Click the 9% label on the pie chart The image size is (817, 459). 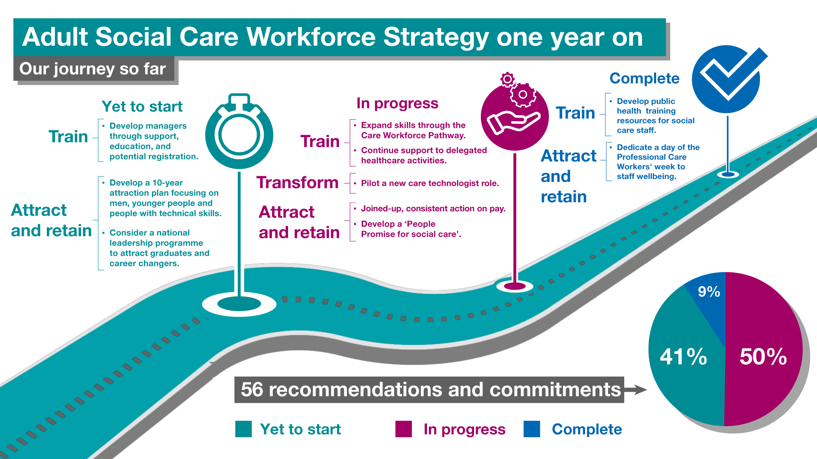(709, 292)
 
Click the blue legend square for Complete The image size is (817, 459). (532, 429)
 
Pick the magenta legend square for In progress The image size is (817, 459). (403, 429)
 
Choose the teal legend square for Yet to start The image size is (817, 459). (243, 429)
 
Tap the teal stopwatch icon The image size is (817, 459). (239, 132)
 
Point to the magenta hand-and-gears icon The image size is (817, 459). (515, 113)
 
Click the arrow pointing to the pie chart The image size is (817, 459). (635, 389)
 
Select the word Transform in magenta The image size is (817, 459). (297, 182)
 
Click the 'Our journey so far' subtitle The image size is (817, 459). (93, 69)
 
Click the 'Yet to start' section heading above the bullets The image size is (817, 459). (142, 106)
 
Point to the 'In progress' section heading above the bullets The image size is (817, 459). (397, 103)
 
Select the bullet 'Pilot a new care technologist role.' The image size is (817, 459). (430, 183)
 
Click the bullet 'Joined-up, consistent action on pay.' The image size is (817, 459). (433, 208)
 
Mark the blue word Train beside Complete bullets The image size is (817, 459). (575, 113)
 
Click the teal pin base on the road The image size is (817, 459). (239, 304)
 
